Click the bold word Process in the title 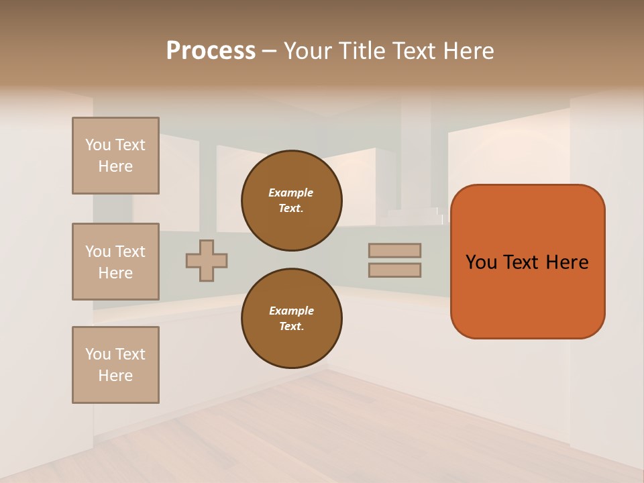point(211,50)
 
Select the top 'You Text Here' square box point(115,156)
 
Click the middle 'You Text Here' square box point(115,262)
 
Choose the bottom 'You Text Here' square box point(115,365)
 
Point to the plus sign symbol point(207,260)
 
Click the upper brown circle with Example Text point(292,201)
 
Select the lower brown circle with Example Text point(292,319)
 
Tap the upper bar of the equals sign point(394,250)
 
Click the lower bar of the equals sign point(394,270)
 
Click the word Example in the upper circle point(291,193)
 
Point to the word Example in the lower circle point(291,311)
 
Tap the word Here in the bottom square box point(115,376)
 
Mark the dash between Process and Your point(270,50)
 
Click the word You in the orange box point(482,262)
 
